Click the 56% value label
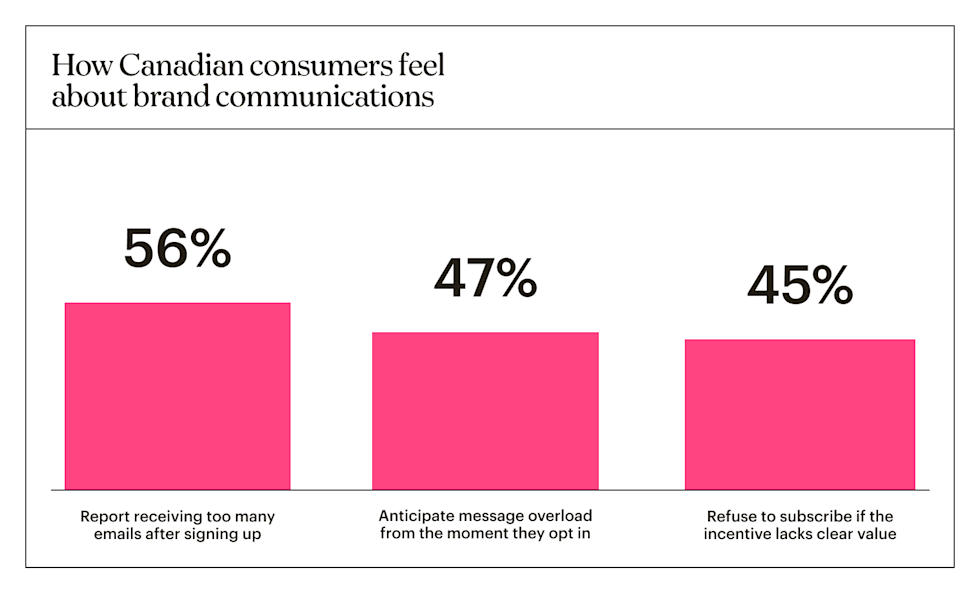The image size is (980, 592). pyautogui.click(x=177, y=249)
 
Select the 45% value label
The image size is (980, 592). pyautogui.click(x=799, y=286)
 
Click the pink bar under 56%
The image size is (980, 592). pyautogui.click(x=177, y=396)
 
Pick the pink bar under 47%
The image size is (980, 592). pyautogui.click(x=485, y=410)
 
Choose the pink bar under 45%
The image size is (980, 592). pyautogui.click(x=799, y=414)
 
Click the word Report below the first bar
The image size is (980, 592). pyautogui.click(x=105, y=516)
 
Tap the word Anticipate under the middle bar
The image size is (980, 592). pyautogui.click(x=415, y=516)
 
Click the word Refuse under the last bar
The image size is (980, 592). pyautogui.click(x=731, y=516)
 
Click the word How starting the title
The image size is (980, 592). pyautogui.click(x=75, y=68)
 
